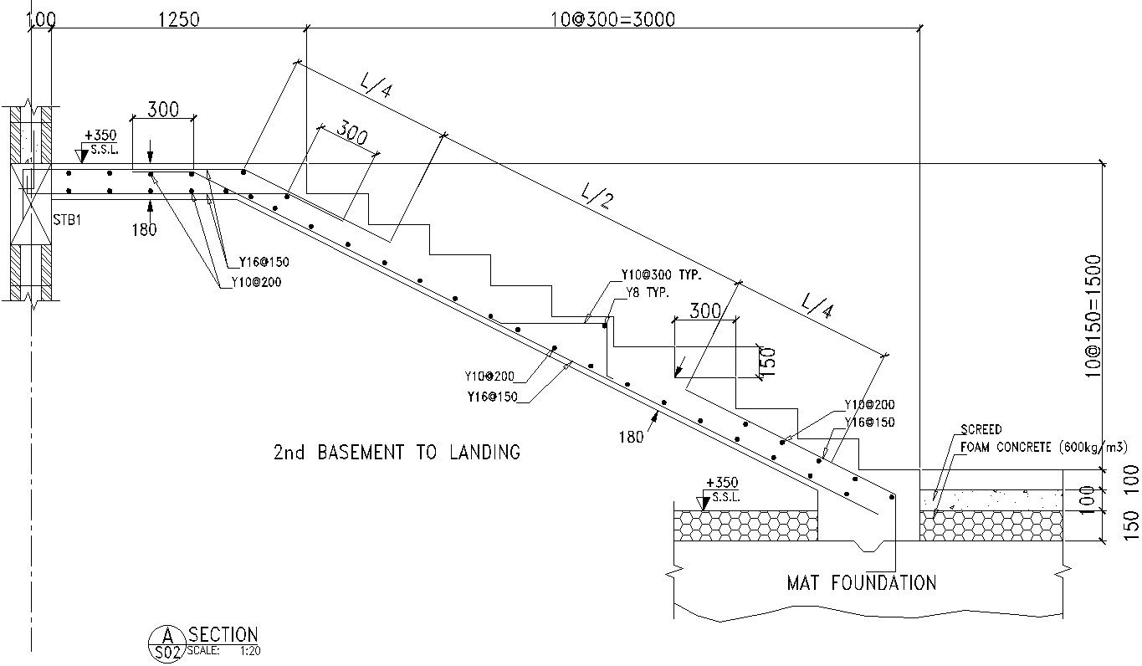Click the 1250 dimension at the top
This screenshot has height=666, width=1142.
tap(178, 18)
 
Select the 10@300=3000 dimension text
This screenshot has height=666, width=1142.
tap(613, 18)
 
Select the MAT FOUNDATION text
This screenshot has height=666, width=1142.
tap(862, 582)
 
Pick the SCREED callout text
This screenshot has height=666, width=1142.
tap(981, 430)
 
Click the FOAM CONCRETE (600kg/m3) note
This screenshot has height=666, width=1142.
tap(1050, 447)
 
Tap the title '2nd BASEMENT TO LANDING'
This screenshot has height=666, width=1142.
tap(397, 453)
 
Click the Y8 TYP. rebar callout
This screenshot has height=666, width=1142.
tap(649, 292)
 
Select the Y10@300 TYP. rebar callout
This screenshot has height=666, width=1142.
tap(660, 274)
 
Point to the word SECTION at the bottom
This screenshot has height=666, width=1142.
tap(223, 635)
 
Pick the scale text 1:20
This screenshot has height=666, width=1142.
tap(248, 649)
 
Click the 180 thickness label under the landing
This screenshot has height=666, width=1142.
tap(144, 229)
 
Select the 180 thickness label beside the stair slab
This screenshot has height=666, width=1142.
tap(631, 436)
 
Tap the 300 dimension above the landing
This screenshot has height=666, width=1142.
tap(163, 109)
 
